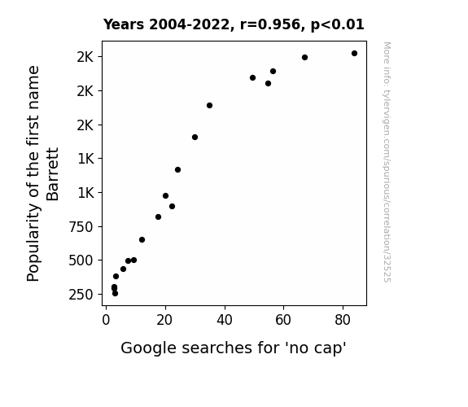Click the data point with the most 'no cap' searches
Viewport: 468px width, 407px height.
[354, 54]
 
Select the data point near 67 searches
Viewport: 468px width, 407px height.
[304, 57]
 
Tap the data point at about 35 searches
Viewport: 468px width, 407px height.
[209, 105]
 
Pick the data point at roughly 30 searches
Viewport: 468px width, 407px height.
[195, 137]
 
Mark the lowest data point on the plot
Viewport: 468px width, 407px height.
[116, 294]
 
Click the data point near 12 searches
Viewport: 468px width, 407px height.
[142, 240]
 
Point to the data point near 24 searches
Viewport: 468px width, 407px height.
[178, 169]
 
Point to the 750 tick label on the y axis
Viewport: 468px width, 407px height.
[81, 227]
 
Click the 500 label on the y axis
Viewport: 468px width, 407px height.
[81, 260]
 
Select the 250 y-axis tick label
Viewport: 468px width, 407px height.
[81, 295]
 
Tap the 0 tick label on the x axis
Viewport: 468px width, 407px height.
[106, 320]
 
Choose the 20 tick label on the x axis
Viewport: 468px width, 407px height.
[164, 320]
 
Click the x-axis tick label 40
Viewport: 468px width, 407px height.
[225, 320]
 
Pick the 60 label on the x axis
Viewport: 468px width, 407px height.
[283, 320]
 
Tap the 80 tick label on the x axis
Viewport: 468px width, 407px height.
[343, 320]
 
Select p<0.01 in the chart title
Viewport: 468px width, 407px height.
[338, 25]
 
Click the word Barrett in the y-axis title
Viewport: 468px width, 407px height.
[53, 174]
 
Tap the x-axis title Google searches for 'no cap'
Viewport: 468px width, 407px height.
[234, 348]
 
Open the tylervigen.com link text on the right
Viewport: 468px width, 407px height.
[387, 162]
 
